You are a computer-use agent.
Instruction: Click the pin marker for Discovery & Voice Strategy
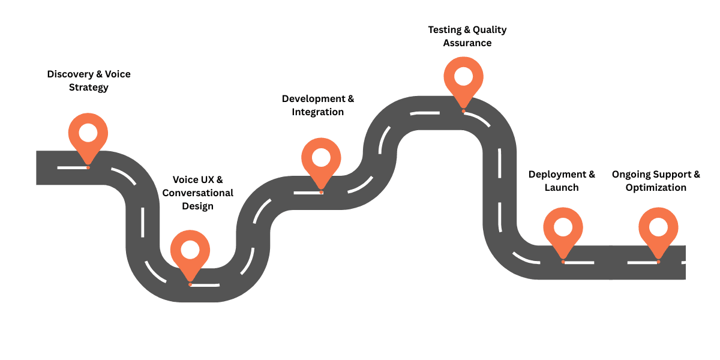pyautogui.click(x=88, y=134)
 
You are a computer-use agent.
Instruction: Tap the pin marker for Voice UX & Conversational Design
pyautogui.click(x=190, y=252)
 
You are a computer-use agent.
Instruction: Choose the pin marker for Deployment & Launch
pyautogui.click(x=563, y=230)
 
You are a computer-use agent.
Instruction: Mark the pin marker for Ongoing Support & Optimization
pyautogui.click(x=658, y=230)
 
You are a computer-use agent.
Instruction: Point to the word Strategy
pyautogui.click(x=88, y=88)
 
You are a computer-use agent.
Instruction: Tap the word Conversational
pyautogui.click(x=198, y=193)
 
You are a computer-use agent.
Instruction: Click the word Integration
pyautogui.click(x=318, y=112)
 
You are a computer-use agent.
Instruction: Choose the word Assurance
pyautogui.click(x=467, y=43)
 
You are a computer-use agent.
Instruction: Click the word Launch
pyautogui.click(x=562, y=188)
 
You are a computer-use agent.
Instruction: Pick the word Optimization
pyautogui.click(x=656, y=188)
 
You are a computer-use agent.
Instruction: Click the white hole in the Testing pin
pyautogui.click(x=463, y=76)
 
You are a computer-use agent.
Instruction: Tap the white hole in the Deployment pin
pyautogui.click(x=563, y=227)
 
